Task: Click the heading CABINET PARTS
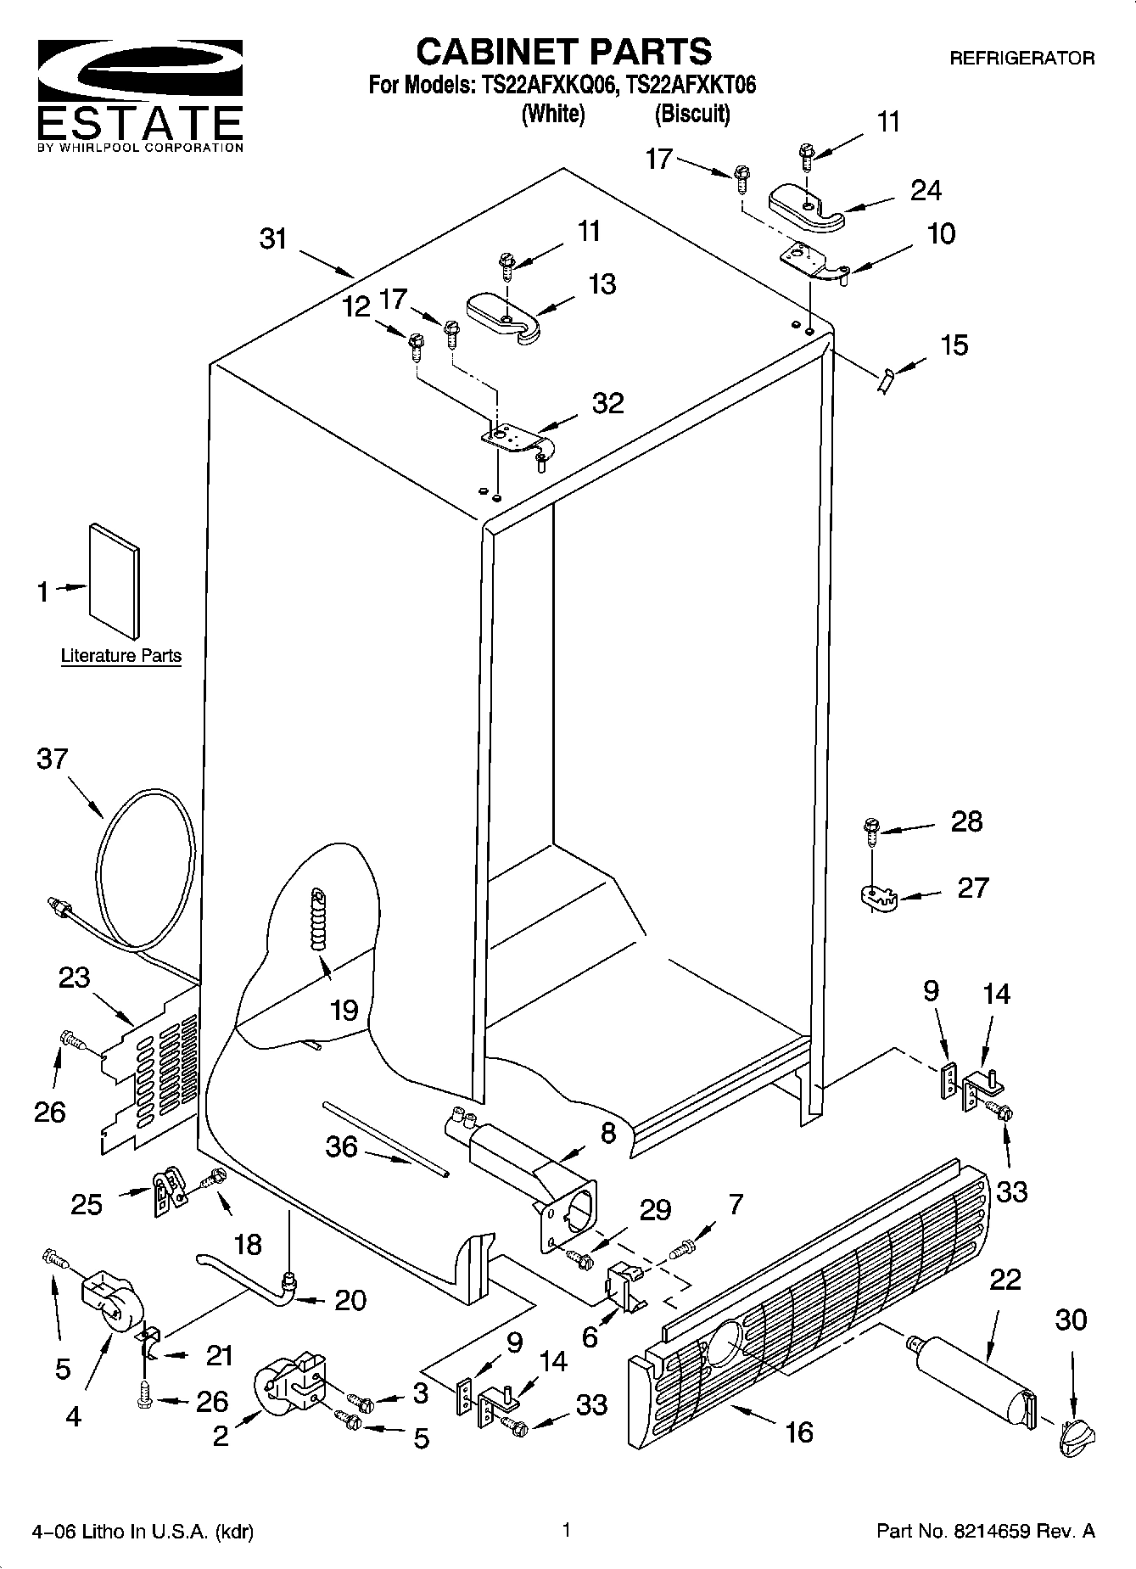(563, 51)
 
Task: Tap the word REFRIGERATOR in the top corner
(1021, 59)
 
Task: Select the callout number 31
(273, 239)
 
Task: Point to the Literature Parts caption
(121, 656)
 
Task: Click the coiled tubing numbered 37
(140, 870)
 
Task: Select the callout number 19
(344, 1010)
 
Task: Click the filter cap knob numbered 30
(1076, 1436)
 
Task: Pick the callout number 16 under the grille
(799, 1432)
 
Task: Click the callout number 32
(607, 403)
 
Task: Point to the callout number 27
(973, 888)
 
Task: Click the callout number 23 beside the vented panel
(75, 978)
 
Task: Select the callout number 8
(608, 1134)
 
